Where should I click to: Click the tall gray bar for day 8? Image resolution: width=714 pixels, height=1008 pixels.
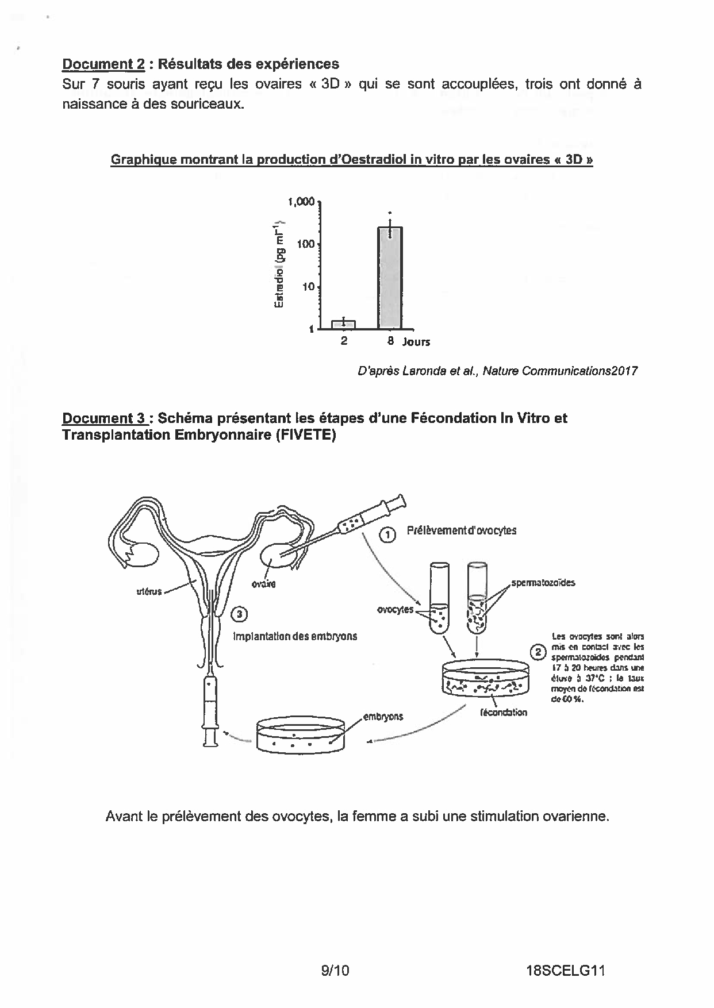[x=390, y=278]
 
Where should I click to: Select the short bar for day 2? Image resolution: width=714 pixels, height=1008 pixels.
[x=343, y=325]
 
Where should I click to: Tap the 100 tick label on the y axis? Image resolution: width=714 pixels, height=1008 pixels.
[x=306, y=244]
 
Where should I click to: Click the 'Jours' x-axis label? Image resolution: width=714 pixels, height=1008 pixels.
[x=416, y=342]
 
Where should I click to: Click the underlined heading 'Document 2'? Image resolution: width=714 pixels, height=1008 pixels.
[x=103, y=64]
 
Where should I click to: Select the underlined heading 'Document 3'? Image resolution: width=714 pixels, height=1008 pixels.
[x=103, y=418]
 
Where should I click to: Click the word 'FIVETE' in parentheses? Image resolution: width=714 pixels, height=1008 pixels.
[x=305, y=435]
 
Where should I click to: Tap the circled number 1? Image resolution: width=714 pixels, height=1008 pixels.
[x=388, y=534]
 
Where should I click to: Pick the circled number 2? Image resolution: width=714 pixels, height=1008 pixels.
[x=538, y=652]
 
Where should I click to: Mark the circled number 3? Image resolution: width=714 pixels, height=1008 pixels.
[x=239, y=614]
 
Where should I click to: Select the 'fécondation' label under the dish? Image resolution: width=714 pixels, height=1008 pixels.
[x=503, y=713]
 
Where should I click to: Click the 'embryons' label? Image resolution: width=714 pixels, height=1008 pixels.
[x=383, y=717]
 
